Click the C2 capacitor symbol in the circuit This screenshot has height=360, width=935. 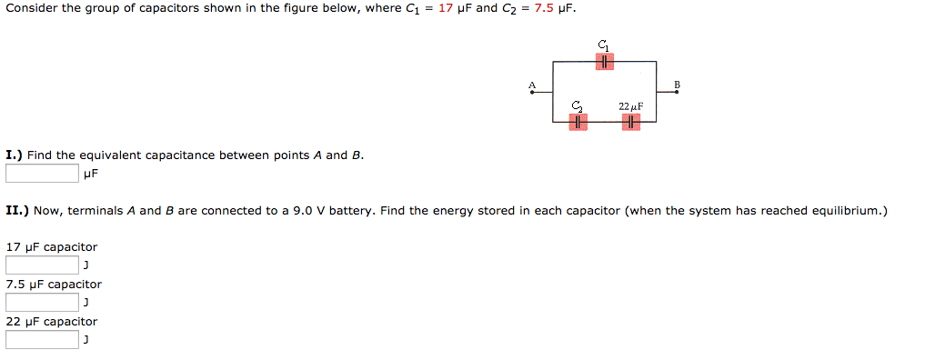[578, 122]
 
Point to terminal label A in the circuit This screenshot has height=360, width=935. [533, 85]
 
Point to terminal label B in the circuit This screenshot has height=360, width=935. [677, 85]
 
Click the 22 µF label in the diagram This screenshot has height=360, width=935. [630, 106]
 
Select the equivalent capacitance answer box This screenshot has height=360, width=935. [42, 173]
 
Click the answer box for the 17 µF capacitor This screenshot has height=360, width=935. [42, 265]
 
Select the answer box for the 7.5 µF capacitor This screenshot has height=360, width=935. [42, 303]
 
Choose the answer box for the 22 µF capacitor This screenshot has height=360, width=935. [42, 340]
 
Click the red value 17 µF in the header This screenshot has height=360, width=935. [455, 9]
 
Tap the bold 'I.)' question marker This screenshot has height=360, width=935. [14, 155]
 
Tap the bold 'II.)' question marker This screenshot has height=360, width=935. [16, 211]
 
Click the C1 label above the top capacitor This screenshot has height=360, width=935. [605, 45]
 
